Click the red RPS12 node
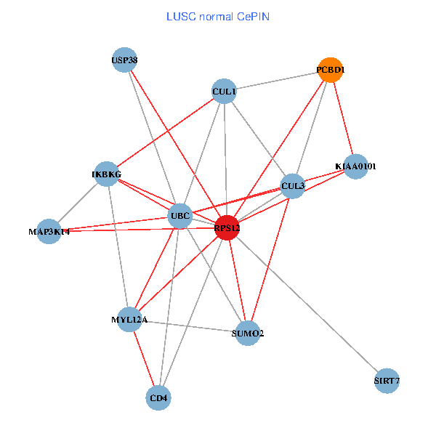pos(227,227)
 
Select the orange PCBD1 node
pos(331,70)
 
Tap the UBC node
pos(179,216)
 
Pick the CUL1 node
pos(224,92)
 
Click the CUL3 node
pos(292,186)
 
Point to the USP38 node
pos(124,60)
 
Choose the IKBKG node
pos(107,174)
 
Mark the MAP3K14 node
pos(49,232)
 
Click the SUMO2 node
pos(248,334)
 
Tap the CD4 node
pos(158,398)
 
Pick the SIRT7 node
pos(387,381)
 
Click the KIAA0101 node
pos(355,166)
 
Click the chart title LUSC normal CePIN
pos(218,16)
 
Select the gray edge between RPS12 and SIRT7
pos(307,304)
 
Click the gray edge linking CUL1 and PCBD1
pos(277,81)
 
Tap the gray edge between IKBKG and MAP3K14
pos(78,203)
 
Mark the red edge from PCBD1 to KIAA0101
pos(343,118)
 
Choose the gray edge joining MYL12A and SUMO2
pos(189,327)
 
